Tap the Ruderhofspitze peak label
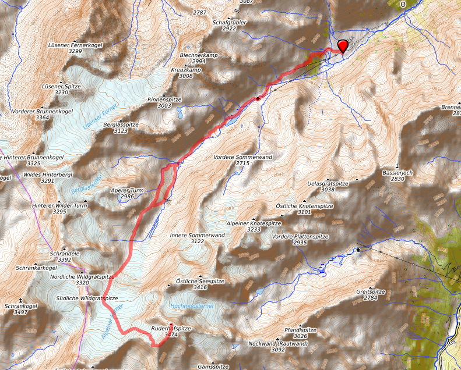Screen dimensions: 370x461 171,329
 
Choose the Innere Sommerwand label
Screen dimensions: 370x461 197,235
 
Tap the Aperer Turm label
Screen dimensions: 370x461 127,190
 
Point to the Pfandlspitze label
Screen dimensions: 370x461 300,330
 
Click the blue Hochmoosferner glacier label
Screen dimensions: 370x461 193,305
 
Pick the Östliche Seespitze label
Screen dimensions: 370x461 200,281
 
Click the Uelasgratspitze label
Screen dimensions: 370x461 328,183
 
